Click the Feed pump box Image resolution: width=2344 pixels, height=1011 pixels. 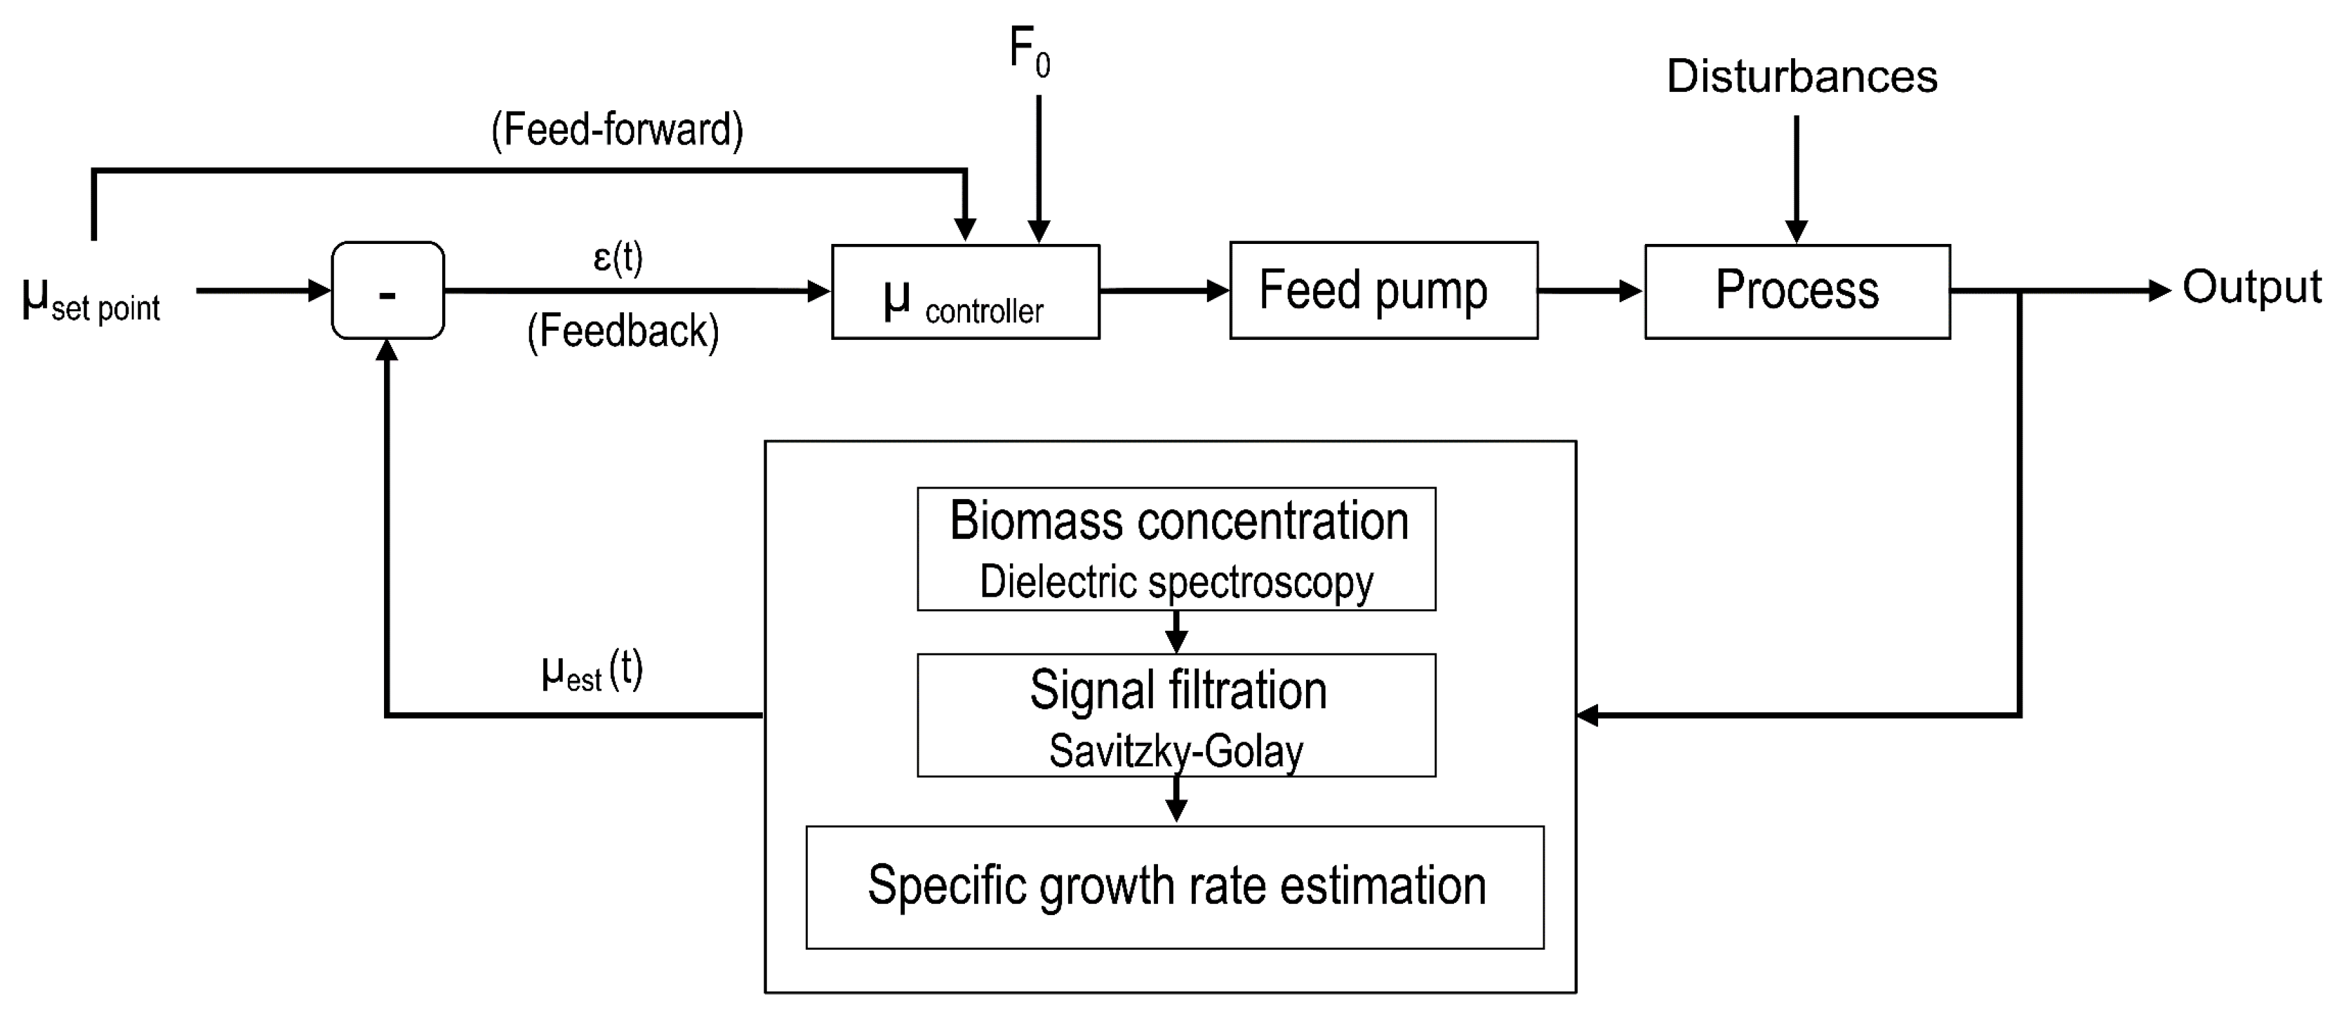1383,290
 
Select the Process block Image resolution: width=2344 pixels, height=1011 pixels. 1796,291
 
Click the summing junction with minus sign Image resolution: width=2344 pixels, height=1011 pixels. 388,291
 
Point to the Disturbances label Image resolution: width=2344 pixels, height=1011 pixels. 1801,76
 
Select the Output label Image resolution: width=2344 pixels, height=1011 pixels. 2251,288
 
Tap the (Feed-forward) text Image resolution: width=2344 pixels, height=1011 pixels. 617,129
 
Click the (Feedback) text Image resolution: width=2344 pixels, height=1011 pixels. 623,330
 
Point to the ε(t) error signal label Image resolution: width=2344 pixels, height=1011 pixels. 618,258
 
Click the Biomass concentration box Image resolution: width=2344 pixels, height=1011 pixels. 1176,549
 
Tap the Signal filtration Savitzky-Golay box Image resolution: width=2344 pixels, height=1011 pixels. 1176,716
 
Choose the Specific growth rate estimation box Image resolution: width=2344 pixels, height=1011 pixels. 1175,887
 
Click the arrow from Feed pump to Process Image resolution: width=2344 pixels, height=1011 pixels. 1590,291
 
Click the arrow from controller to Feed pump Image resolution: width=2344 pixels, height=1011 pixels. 1164,291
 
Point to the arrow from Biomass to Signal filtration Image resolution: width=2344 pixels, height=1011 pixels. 1176,631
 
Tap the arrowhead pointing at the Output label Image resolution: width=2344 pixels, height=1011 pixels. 2160,291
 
